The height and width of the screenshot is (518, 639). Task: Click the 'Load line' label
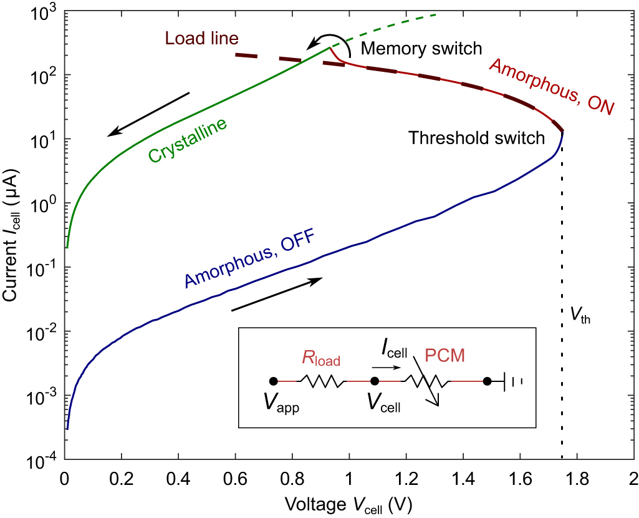tap(201, 39)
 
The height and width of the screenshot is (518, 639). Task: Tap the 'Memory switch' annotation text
tap(421, 49)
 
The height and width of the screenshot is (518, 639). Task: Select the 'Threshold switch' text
tap(476, 138)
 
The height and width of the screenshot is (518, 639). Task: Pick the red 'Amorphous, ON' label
tap(552, 86)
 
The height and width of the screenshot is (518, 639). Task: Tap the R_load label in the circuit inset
tap(322, 358)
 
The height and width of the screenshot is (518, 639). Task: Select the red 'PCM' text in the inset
tap(444, 356)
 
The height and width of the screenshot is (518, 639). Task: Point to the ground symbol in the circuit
tap(511, 381)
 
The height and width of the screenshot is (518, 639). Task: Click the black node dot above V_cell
tap(375, 381)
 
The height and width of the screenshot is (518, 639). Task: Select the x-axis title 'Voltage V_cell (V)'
tap(349, 502)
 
